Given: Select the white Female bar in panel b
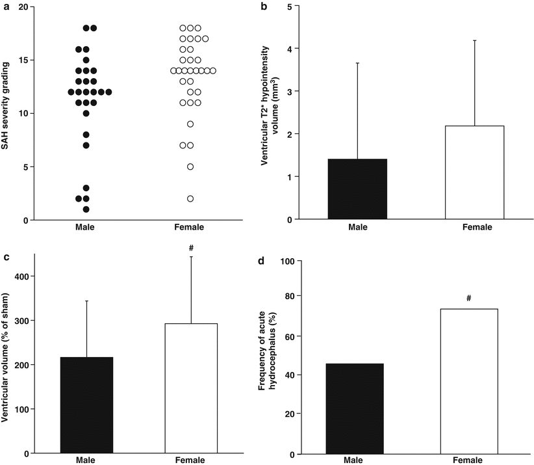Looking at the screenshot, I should tap(474, 172).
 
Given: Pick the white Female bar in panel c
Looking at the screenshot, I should tap(191, 388).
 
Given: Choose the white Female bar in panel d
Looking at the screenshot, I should tap(469, 380).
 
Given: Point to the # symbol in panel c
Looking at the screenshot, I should tap(191, 246).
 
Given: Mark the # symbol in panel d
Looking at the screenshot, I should tap(469, 298).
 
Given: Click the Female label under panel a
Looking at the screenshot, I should tap(190, 227).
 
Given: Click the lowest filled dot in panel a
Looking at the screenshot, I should tap(86, 209).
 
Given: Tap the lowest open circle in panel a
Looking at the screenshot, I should tap(190, 198).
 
